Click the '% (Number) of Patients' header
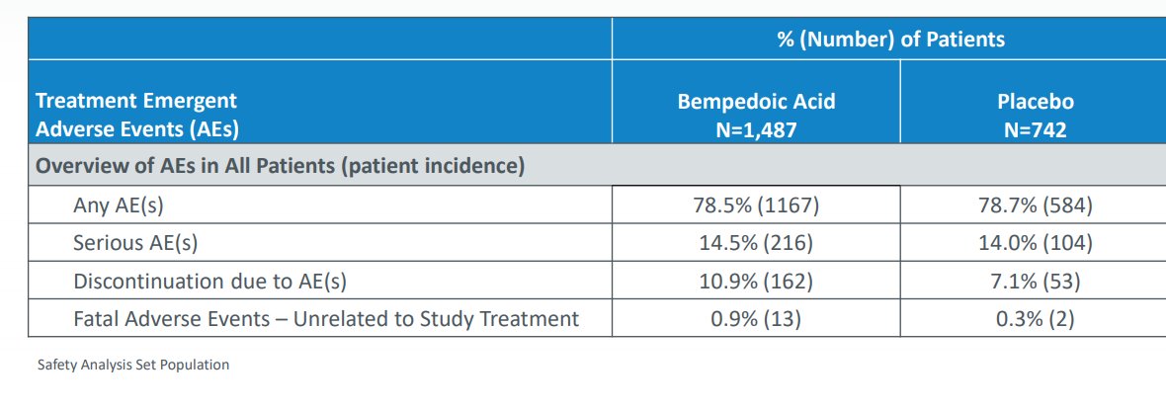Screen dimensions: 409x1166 [x=890, y=40]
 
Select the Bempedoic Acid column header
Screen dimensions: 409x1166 [x=756, y=102]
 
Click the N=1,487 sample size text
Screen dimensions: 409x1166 [x=756, y=129]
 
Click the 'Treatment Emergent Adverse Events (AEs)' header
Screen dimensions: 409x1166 [x=137, y=115]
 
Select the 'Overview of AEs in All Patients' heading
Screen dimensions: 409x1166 [x=280, y=167]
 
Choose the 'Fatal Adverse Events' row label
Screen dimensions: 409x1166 [x=325, y=319]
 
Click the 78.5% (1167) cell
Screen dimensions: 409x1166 [x=756, y=205]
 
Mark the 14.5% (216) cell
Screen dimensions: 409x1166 [x=756, y=243]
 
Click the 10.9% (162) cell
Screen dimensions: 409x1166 [x=756, y=282]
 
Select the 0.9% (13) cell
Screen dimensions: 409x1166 [x=756, y=319]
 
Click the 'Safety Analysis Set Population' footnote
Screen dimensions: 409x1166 [x=132, y=365]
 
